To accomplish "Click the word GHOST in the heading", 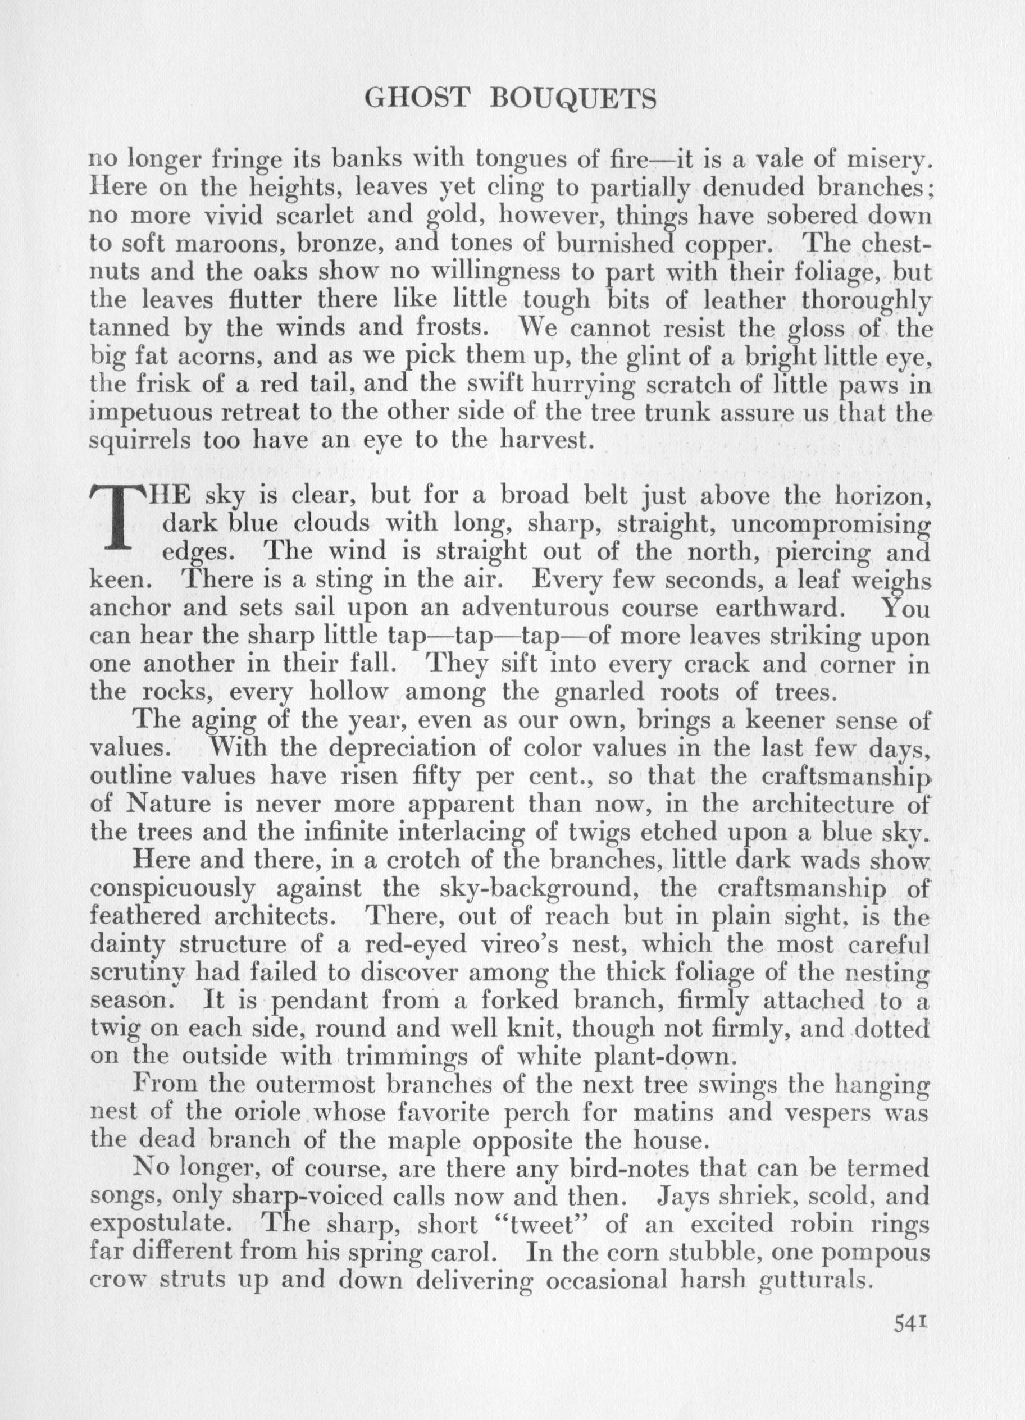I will [x=416, y=98].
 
